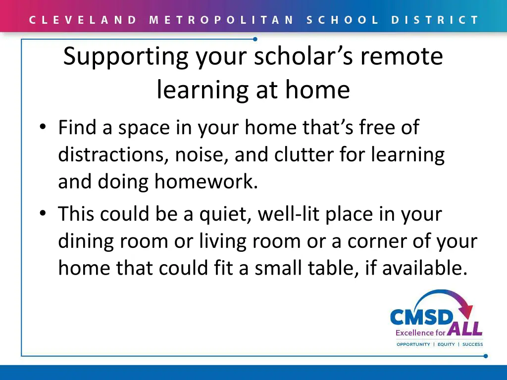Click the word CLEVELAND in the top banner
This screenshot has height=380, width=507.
pos(83,20)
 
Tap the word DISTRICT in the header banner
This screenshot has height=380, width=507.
pos(435,20)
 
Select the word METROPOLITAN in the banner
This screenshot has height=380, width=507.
pos(221,20)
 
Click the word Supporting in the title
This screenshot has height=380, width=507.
pos(126,57)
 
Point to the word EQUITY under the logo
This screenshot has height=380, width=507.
pos(446,344)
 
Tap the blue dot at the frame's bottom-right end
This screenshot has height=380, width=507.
pos(486,356)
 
